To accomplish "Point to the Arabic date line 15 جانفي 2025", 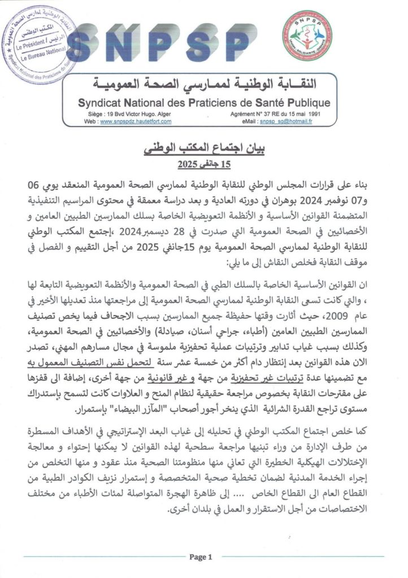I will (x=203, y=165).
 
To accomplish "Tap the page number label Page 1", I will (x=201, y=557).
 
